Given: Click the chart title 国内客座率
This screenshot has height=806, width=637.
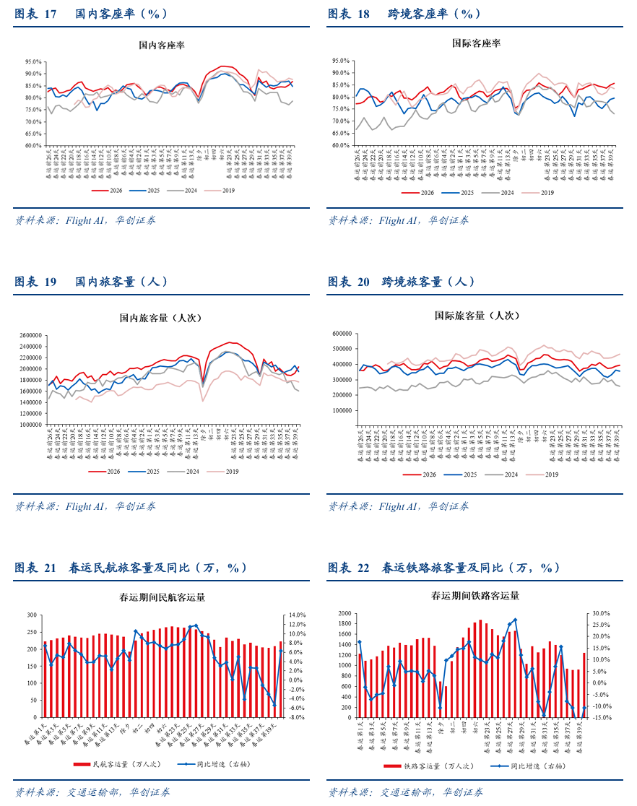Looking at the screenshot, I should click(x=162, y=45).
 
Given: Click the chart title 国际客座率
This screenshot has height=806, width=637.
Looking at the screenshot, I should click(x=476, y=43).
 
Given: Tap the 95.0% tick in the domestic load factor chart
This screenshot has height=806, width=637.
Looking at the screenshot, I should click(x=32, y=62).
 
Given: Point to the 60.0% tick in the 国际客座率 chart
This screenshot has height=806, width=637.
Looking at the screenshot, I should click(x=341, y=145).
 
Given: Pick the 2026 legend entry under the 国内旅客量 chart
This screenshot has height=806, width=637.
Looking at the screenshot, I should click(x=110, y=472).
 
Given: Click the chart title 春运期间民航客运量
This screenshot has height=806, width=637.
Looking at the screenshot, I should click(x=162, y=597).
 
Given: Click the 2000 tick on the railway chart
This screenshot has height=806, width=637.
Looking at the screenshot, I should click(x=343, y=613).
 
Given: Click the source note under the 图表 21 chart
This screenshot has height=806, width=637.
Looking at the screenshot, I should click(x=92, y=792).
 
